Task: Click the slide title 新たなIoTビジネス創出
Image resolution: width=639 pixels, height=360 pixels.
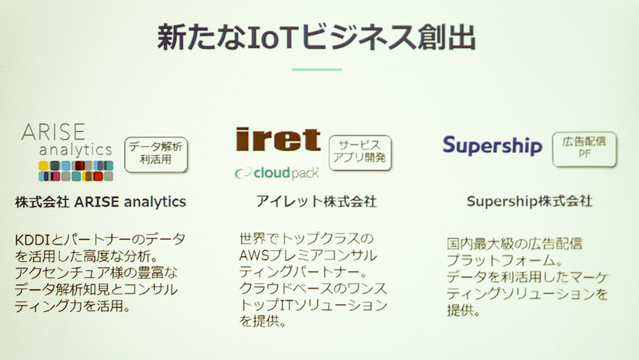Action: point(316,37)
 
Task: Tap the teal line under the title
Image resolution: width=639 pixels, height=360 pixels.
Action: point(317,70)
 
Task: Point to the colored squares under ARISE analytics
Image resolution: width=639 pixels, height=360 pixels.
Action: point(76,171)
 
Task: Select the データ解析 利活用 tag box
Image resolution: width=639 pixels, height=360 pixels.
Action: point(156,154)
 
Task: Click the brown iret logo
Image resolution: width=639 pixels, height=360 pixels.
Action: point(279,139)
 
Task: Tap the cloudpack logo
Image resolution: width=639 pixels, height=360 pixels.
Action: point(277,173)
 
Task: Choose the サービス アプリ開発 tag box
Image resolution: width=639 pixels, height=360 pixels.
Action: point(360,152)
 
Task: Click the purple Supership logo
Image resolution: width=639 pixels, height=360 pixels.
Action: point(492,146)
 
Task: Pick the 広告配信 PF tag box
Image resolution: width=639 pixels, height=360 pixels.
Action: point(585,149)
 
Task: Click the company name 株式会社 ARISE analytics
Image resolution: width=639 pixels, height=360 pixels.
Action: point(100,202)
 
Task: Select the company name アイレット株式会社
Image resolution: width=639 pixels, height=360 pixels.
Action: point(316,201)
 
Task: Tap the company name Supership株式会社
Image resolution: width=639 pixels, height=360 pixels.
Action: point(529,201)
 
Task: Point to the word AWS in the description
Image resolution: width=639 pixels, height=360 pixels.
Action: point(254,256)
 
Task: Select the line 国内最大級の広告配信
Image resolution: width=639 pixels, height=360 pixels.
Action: point(514,244)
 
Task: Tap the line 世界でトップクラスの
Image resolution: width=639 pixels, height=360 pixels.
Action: point(307,239)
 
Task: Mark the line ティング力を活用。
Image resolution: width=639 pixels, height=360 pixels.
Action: point(73,306)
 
